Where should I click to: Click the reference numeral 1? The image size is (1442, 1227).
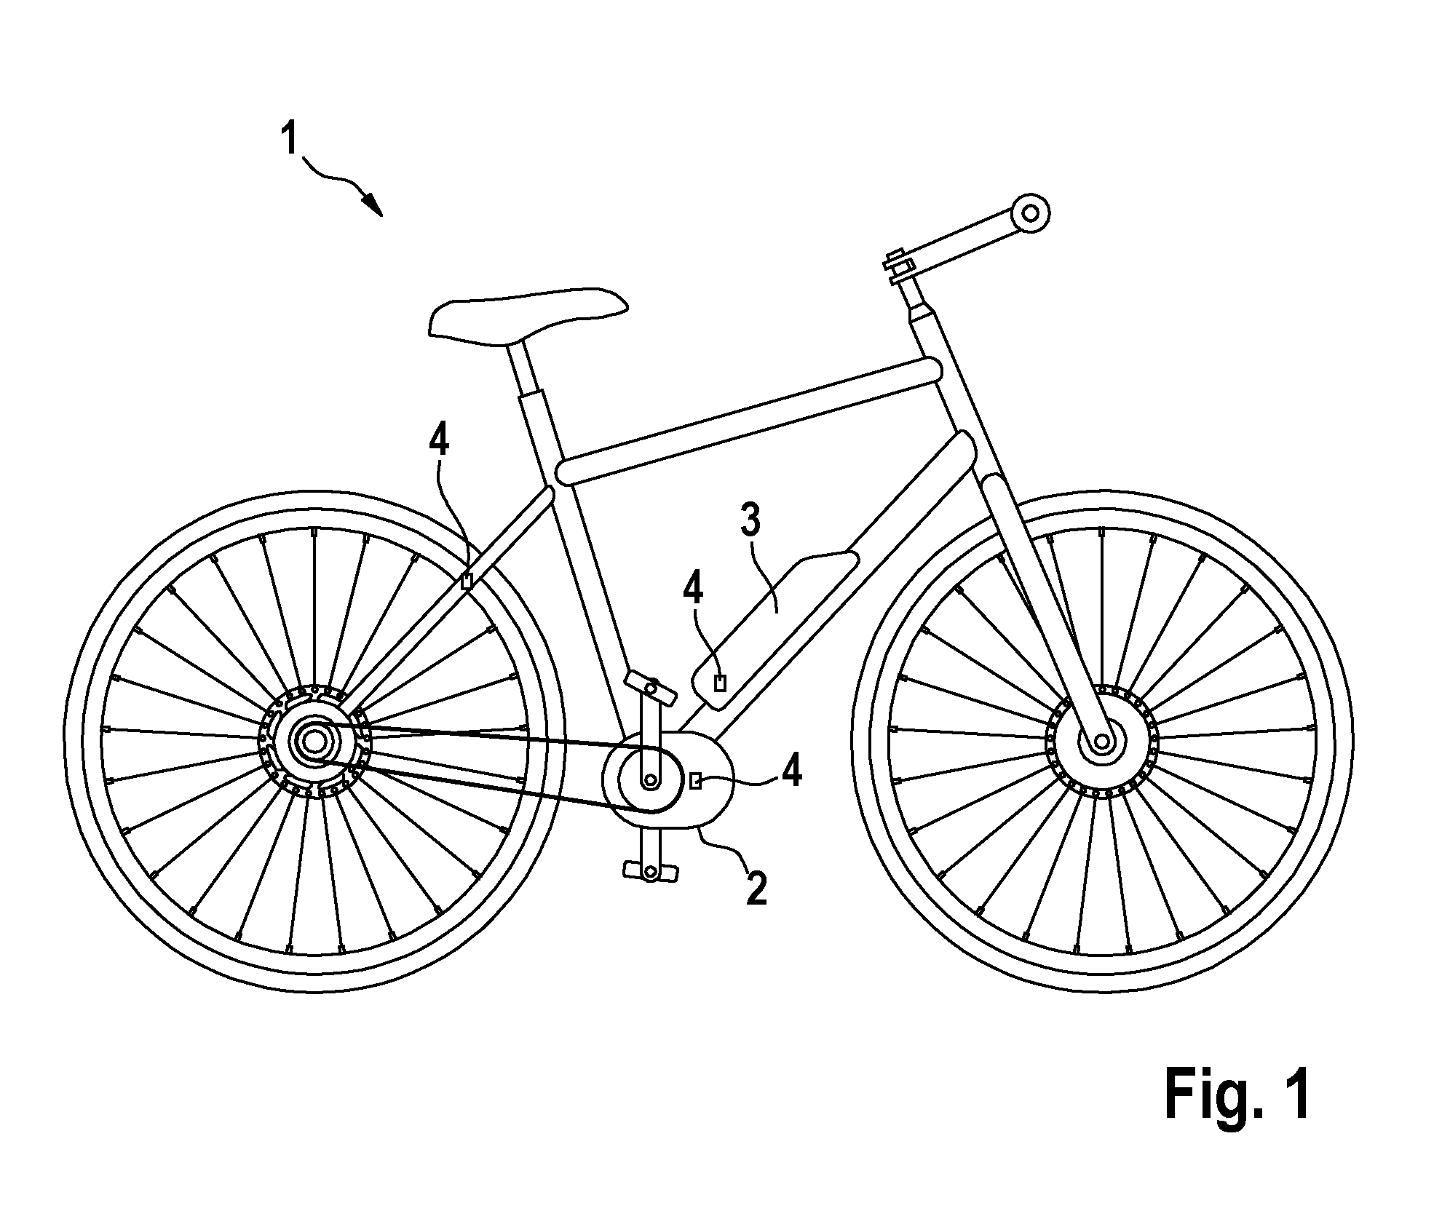point(290,138)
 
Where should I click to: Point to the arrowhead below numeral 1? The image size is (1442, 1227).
point(372,203)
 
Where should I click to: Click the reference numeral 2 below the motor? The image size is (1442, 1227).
point(756,889)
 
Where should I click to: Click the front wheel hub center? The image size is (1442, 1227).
point(1100,742)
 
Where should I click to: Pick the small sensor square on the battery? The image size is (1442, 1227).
point(721,683)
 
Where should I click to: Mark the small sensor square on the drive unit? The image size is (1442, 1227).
point(696,782)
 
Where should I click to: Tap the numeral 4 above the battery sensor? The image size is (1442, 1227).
point(694,591)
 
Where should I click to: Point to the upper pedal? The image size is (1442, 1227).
point(649,686)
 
